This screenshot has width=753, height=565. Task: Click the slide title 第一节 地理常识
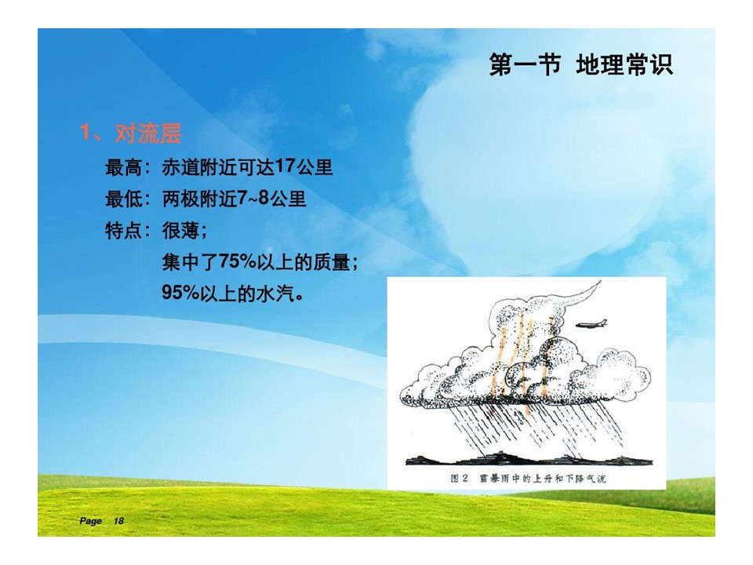coord(580,64)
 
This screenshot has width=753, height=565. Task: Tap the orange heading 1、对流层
coord(131,133)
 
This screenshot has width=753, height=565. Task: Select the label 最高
coord(123,168)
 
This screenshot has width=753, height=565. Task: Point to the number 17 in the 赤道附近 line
coord(286,166)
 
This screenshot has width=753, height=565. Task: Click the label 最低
coord(123,199)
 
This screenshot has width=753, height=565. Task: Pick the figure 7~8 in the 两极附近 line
coord(253,198)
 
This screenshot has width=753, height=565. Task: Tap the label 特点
coord(123,231)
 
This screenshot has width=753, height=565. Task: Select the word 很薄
coord(180,231)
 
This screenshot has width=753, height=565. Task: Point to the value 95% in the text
coord(180,293)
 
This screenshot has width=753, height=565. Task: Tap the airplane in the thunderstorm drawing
coord(591,324)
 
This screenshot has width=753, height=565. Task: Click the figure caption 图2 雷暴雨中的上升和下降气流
coord(528,478)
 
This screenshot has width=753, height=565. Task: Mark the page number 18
coord(118,521)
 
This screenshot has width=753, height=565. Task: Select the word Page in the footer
coord(90,521)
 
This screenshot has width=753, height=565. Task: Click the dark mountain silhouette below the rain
coord(528,458)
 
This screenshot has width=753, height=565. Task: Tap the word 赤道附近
coord(199,168)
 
